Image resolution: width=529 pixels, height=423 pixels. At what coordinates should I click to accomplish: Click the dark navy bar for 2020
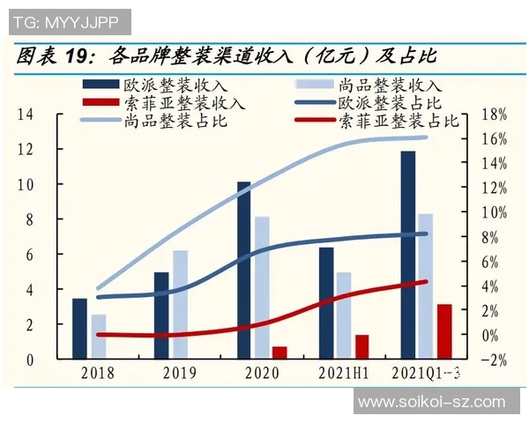click(x=243, y=271)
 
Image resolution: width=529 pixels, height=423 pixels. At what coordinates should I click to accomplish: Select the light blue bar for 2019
click(x=180, y=305)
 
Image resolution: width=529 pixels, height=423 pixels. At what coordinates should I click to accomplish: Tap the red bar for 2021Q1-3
click(x=444, y=331)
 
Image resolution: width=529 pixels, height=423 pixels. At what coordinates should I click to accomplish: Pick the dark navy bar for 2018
click(x=79, y=329)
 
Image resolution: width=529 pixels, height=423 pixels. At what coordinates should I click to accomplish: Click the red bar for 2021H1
click(x=361, y=347)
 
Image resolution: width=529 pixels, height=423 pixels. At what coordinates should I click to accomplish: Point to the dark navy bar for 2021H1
click(x=326, y=303)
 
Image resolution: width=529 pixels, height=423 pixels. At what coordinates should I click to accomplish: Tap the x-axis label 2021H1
click(x=345, y=373)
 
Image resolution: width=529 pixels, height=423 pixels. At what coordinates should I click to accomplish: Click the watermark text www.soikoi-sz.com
click(x=432, y=402)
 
